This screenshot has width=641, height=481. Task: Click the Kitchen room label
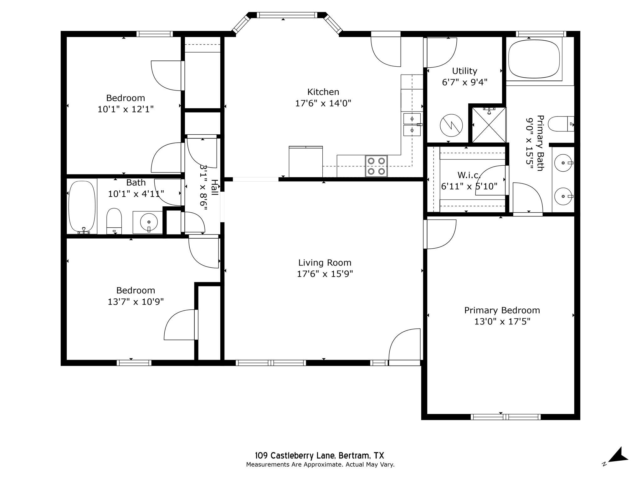[323, 92]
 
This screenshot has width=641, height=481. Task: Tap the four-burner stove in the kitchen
[376, 166]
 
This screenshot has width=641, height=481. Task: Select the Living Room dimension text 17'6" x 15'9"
[325, 274]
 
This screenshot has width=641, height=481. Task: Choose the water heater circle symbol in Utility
[451, 125]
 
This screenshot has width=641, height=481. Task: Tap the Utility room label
[464, 71]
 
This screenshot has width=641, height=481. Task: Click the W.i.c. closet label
[469, 175]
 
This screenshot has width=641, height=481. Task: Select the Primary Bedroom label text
[502, 310]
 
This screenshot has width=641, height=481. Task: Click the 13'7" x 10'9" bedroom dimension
[136, 302]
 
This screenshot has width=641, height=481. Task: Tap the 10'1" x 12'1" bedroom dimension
[126, 109]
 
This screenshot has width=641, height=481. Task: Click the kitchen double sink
[412, 124]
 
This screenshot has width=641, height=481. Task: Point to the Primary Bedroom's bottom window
[505, 417]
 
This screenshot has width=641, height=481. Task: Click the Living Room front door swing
[404, 344]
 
